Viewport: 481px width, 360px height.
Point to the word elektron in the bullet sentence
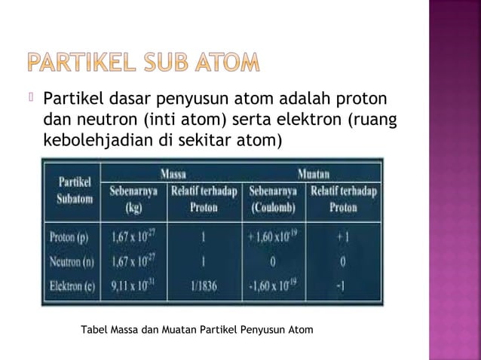305,119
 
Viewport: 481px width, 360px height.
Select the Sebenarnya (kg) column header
135,198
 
